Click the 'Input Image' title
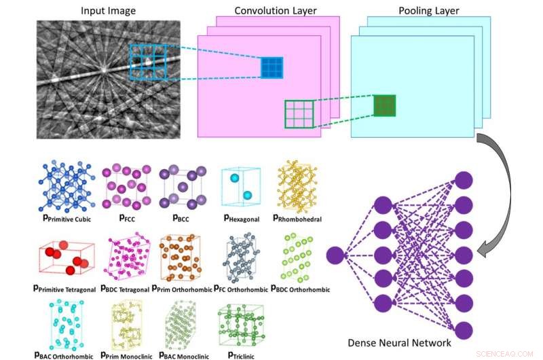point(109,11)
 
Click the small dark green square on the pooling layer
point(384,105)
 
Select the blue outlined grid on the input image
point(148,62)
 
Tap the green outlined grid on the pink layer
point(299,113)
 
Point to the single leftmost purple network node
point(335,255)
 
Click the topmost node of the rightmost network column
point(464,180)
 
